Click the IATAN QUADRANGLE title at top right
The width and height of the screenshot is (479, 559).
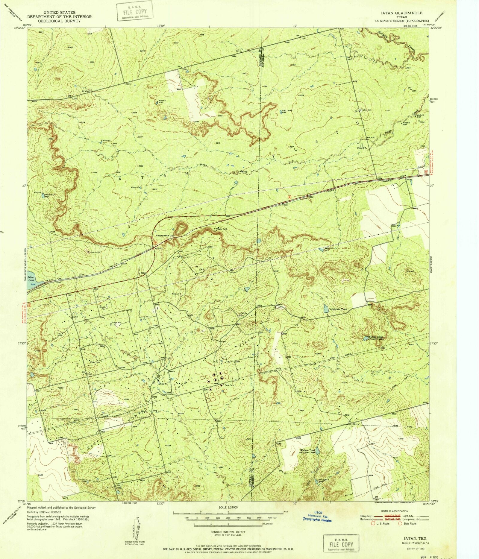tap(406, 13)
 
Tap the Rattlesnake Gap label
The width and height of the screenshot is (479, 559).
tap(165, 236)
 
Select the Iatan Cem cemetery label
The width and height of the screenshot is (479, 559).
tap(367, 110)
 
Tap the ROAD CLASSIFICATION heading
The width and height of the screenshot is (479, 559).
tap(395, 511)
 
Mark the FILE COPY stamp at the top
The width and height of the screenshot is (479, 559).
tap(135, 12)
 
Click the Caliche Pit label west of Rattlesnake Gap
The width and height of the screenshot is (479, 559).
tap(95, 252)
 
